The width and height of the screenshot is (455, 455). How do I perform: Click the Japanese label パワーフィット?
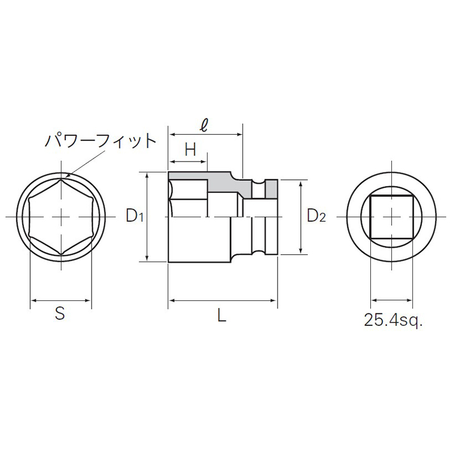coord(100,140)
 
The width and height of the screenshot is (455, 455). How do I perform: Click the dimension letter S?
coord(60,313)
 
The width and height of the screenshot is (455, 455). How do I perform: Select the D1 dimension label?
coord(135,216)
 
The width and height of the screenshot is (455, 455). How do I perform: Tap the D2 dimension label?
coord(316,216)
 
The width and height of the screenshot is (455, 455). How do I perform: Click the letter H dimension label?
coord(191,150)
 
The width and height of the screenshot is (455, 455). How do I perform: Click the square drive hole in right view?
coord(392,217)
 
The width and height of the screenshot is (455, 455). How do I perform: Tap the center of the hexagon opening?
coord(61,216)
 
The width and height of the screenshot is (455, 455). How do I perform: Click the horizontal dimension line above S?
coord(61,300)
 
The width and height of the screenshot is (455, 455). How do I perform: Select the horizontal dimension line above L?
coord(222,300)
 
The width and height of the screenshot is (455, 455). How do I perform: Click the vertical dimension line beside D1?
coord(147,216)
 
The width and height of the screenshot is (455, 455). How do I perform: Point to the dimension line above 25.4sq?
coord(392,300)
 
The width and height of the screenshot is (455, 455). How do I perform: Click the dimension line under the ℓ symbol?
coord(205,135)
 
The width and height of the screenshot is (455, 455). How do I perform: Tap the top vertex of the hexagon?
coord(61,179)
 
